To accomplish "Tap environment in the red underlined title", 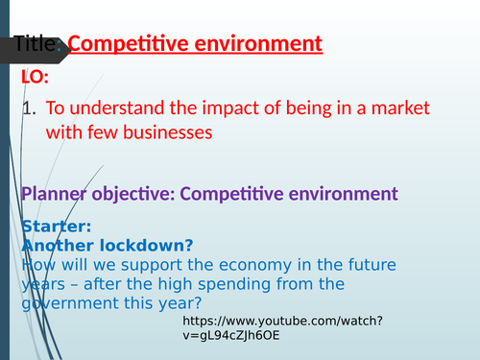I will pos(258,44).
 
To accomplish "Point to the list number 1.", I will pos(28,108).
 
